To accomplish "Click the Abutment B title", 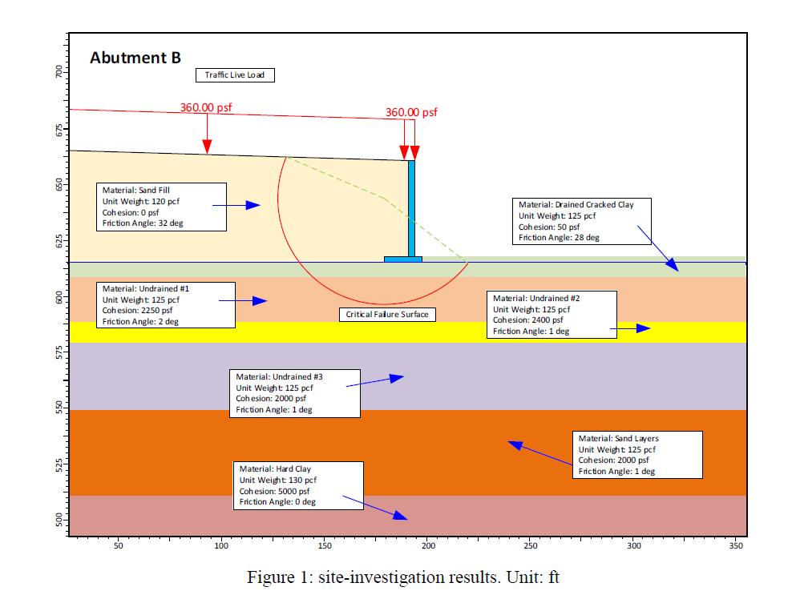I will tap(135, 58).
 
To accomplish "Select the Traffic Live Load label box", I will tap(235, 75).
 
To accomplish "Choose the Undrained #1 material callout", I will tap(165, 304).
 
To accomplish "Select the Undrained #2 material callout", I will tap(552, 315).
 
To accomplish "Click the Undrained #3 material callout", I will tap(294, 392).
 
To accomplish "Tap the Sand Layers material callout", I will tap(638, 455).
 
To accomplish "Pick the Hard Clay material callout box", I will tap(297, 485).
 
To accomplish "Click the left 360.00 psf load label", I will tap(206, 108).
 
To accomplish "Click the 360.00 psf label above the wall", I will tap(412, 113).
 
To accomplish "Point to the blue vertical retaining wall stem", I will tap(412, 208).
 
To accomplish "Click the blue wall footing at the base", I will tap(402, 259).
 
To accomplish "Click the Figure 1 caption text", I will tap(402, 577).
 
